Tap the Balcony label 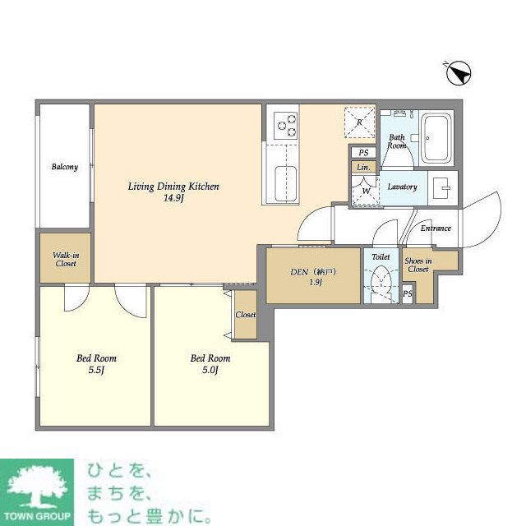pos(65,168)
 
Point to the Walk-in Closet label pos(65,259)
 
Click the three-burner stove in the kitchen pos(287,124)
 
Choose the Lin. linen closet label pos(363,168)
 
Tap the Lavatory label pos(402,187)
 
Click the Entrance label pos(436,228)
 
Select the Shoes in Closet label pos(418,265)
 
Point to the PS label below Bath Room pos(363,152)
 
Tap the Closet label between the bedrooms pos(245,315)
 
